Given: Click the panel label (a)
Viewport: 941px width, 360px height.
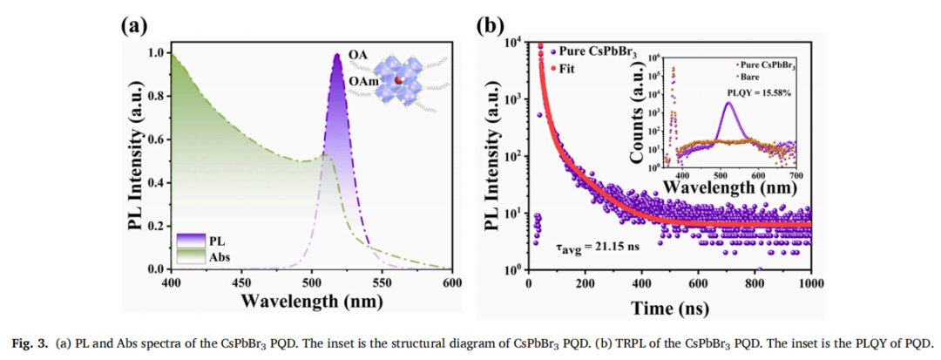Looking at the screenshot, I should pos(133,25).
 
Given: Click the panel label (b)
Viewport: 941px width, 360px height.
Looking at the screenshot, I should pos(489,25).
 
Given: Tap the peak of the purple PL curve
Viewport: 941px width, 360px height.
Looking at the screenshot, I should pos(337,55).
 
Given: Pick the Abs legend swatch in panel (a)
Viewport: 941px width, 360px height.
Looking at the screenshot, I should pos(190,255).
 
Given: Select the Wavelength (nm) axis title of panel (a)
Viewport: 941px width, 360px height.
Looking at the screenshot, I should pos(311,302).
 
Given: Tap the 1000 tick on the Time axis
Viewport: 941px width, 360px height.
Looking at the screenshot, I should pos(811,283).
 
